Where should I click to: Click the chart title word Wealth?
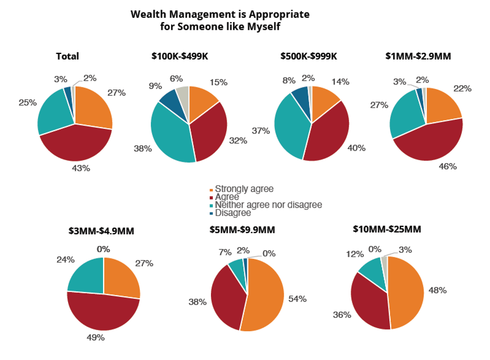coord(149,14)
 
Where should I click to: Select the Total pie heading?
coord(68,56)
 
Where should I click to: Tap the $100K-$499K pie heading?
coord(180,56)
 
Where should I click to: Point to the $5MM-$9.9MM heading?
coord(242,230)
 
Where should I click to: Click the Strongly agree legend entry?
coord(241,189)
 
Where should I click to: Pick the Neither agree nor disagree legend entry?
coord(265,205)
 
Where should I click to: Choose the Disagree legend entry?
coord(230,213)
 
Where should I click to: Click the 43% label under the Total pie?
coord(81,168)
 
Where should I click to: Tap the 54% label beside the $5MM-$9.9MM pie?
coord(297,299)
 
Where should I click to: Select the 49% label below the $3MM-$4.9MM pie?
coord(96,337)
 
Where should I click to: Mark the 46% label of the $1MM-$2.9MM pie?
coord(448,166)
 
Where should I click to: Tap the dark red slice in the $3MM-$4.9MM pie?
coord(103,312)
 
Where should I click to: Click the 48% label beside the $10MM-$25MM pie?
coord(438,290)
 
